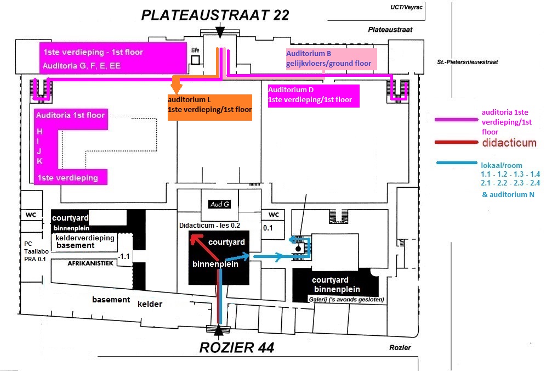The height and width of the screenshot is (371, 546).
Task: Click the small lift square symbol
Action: tap(195, 59)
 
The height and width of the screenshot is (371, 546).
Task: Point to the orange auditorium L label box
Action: tap(209, 105)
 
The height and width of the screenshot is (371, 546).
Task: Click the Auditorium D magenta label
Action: tap(312, 94)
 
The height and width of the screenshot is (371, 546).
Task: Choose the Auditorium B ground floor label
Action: tap(329, 58)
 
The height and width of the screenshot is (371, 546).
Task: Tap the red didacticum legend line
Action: tap(455, 142)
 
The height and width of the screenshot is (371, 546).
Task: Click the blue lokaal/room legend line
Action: tap(456, 164)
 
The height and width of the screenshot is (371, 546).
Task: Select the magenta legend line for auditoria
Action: tap(455, 120)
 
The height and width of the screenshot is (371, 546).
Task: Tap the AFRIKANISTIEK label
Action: tap(89, 263)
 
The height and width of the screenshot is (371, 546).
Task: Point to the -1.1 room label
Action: tap(125, 256)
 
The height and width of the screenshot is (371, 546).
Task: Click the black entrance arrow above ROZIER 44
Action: tap(219, 329)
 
